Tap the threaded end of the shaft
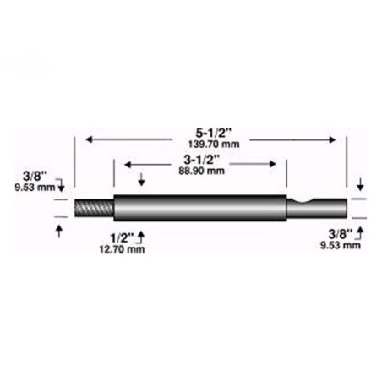93,207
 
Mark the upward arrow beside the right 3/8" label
362,230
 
